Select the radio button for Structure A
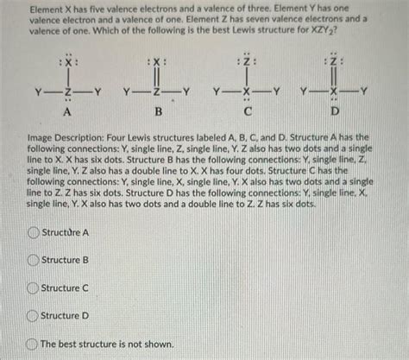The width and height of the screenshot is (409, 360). coord(34,232)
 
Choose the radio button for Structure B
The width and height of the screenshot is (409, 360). coord(34,260)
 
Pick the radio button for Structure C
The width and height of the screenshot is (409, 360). coord(34,288)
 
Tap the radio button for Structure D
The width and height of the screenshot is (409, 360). coord(34,316)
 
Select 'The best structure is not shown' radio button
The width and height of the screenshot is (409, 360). coord(34,344)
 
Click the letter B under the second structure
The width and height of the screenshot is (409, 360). coord(156,112)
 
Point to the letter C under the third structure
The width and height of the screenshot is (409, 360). coord(246,112)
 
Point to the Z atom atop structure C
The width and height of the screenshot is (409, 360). coord(247,63)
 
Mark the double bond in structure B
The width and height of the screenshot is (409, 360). coord(156,77)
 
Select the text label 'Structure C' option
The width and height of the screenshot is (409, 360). coord(65,288)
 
